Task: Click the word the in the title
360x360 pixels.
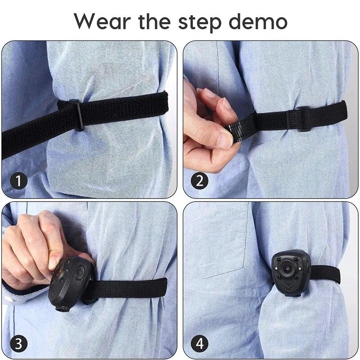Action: click(x=154, y=21)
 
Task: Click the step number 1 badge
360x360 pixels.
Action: click(x=18, y=181)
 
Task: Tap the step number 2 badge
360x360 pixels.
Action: click(x=200, y=181)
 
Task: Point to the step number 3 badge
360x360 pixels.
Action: click(x=18, y=344)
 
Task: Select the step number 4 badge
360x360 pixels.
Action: click(x=200, y=344)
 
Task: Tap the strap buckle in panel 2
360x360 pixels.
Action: click(x=303, y=119)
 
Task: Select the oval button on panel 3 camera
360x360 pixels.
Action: click(x=81, y=272)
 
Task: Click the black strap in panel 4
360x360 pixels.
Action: click(x=325, y=275)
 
